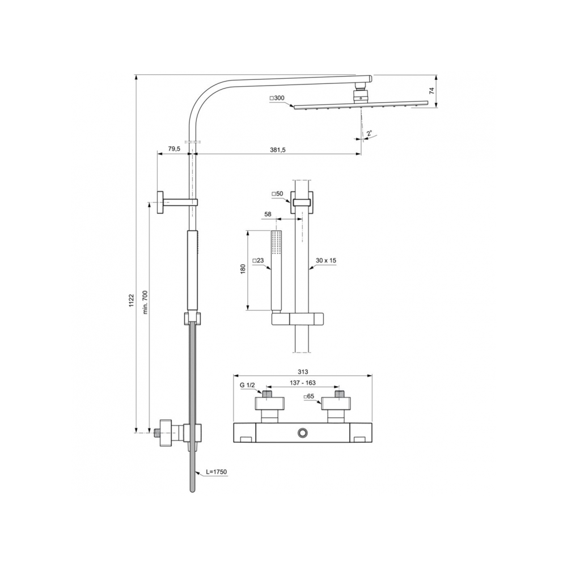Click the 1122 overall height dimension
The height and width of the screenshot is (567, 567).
(132, 301)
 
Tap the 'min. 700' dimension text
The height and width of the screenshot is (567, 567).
(145, 302)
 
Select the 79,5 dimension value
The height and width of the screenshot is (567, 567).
(174, 149)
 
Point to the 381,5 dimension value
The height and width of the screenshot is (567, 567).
(277, 150)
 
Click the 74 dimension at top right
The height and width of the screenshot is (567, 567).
(431, 91)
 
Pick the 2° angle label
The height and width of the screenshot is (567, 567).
(369, 133)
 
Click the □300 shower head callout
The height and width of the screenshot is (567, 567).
(277, 98)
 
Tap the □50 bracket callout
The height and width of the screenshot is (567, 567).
(277, 194)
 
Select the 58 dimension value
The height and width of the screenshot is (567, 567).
(268, 214)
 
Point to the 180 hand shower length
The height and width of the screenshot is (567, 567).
(243, 269)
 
